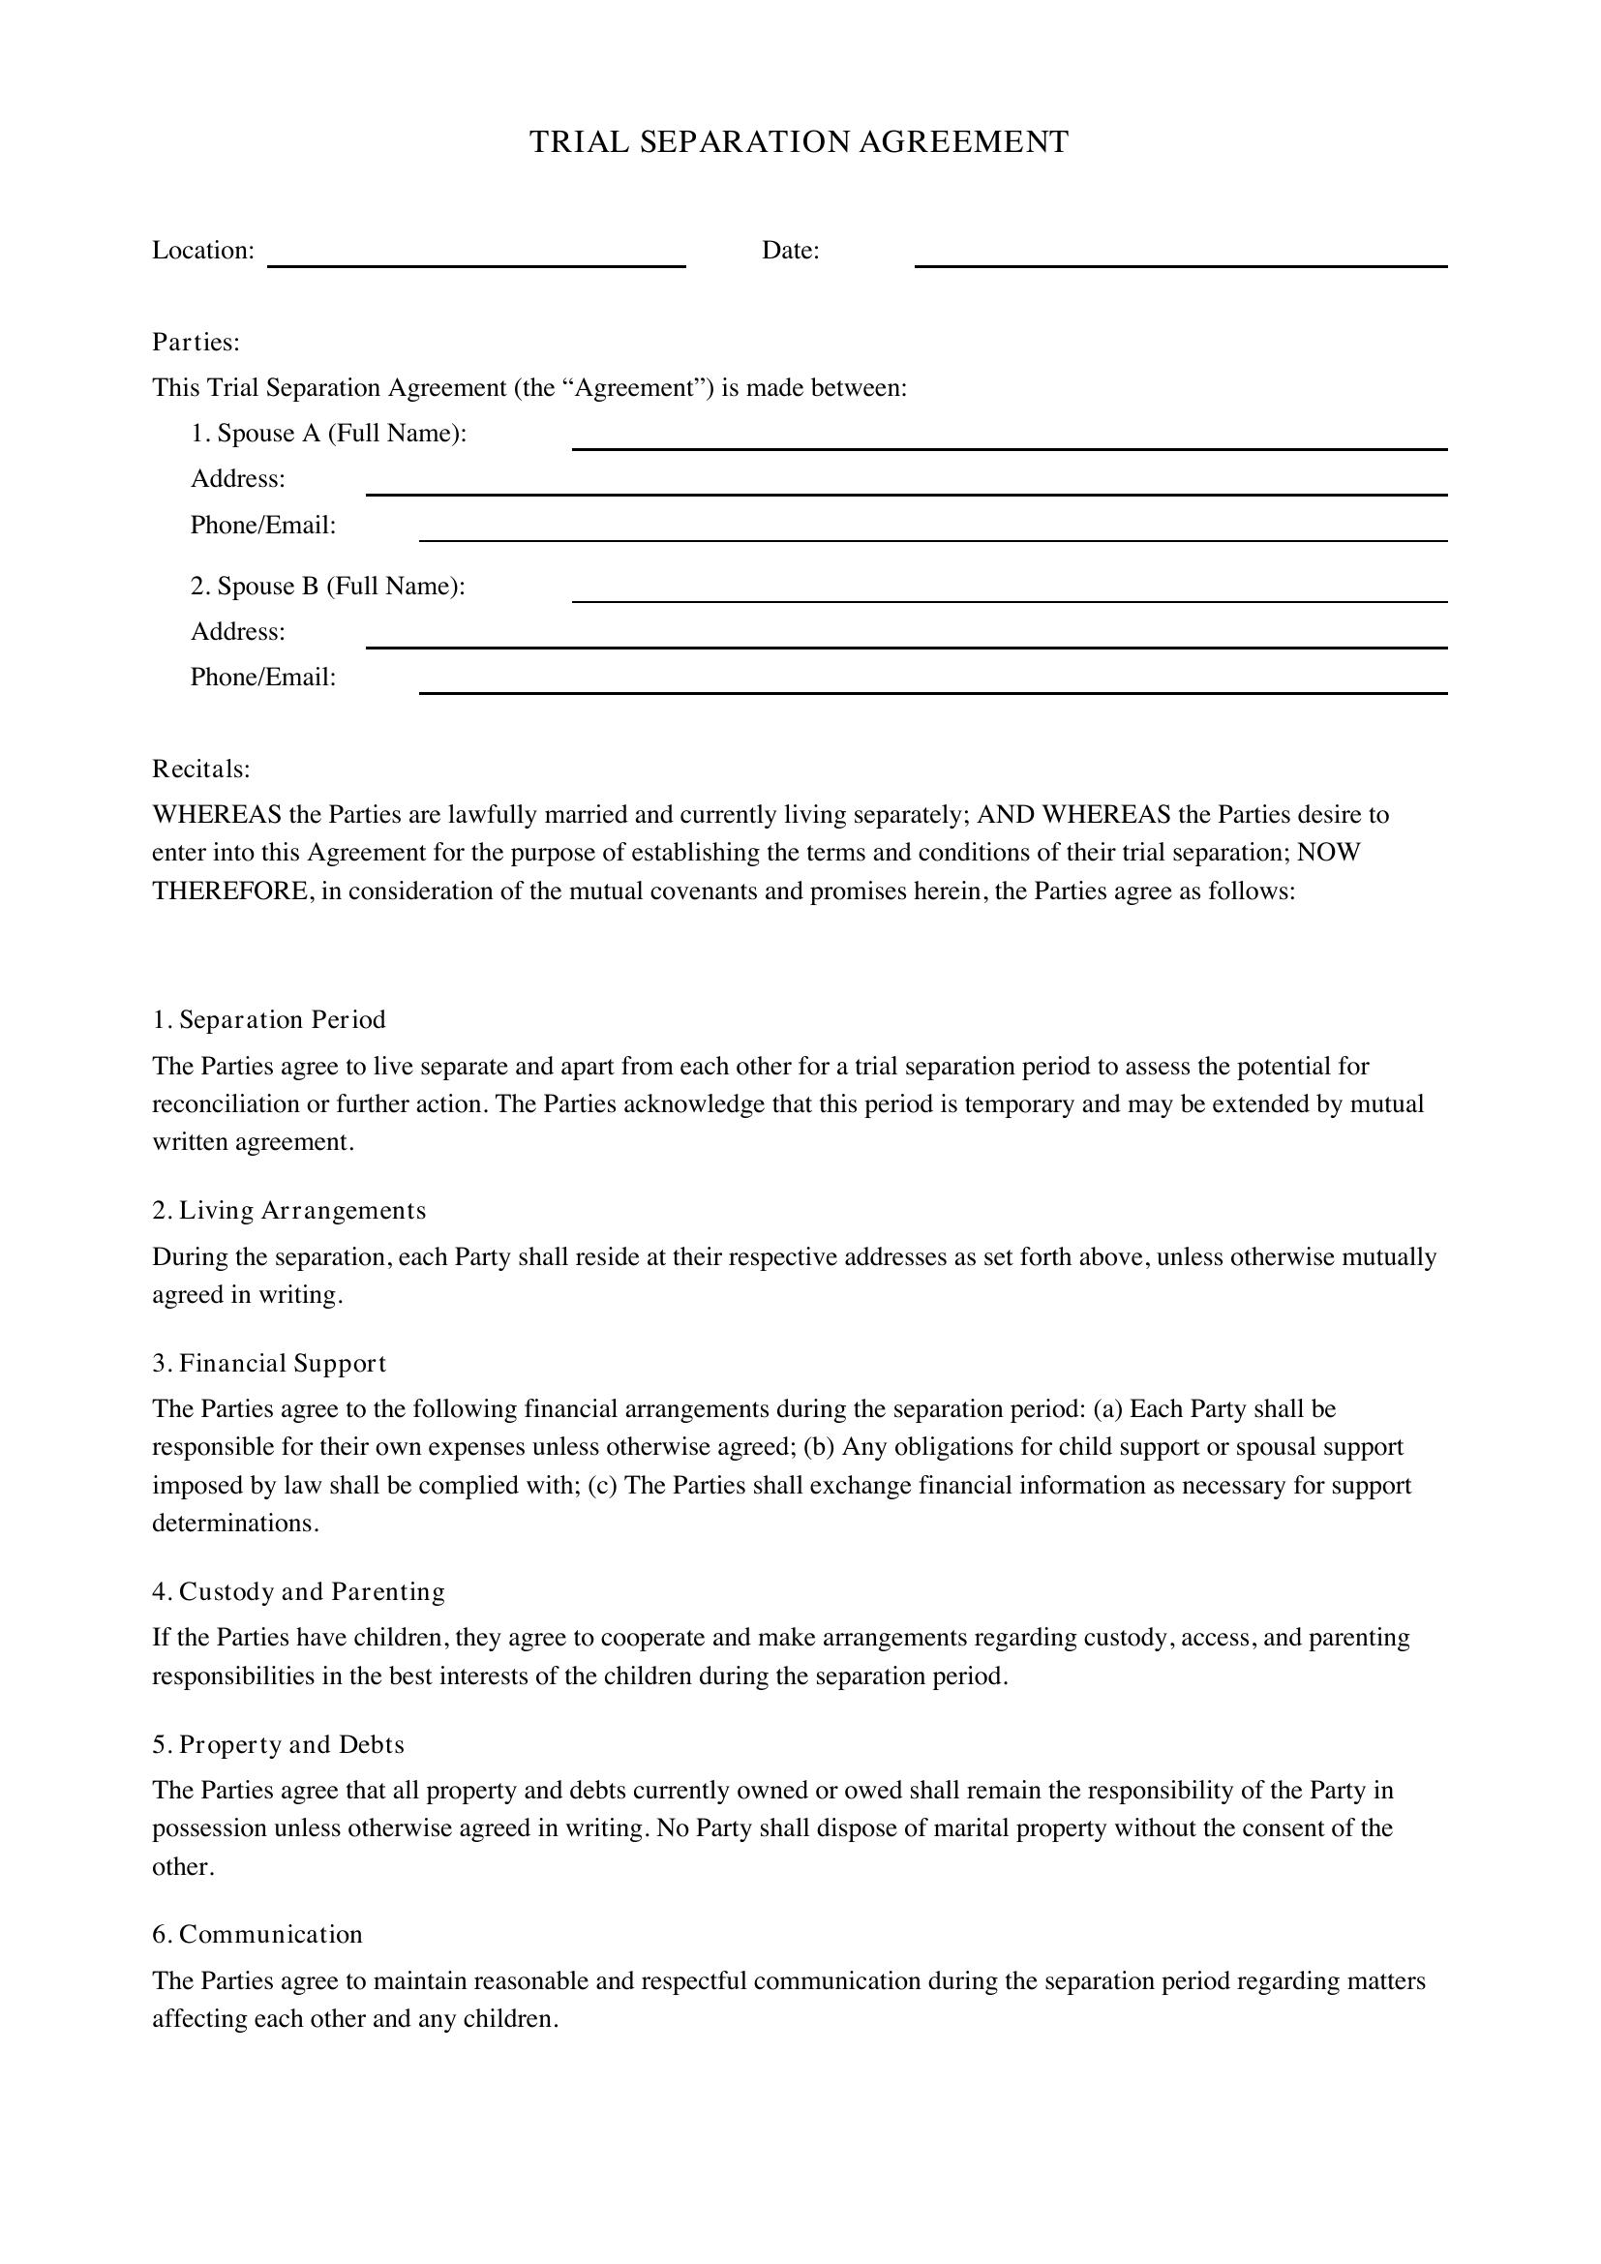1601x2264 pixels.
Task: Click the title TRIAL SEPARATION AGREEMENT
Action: (799, 142)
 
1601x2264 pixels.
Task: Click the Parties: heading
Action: (196, 342)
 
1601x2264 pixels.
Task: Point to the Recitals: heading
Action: (201, 769)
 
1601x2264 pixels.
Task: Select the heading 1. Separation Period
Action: (269, 1019)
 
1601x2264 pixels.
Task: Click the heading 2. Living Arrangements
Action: (288, 1211)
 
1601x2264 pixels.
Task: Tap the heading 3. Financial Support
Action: (269, 1364)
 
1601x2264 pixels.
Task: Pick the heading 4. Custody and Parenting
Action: (299, 1591)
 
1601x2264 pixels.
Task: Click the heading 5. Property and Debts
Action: (278, 1744)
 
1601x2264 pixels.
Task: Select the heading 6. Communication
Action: (257, 1935)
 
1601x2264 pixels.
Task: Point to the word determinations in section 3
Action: (234, 1524)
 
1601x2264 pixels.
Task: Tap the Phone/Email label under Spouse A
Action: (263, 526)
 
